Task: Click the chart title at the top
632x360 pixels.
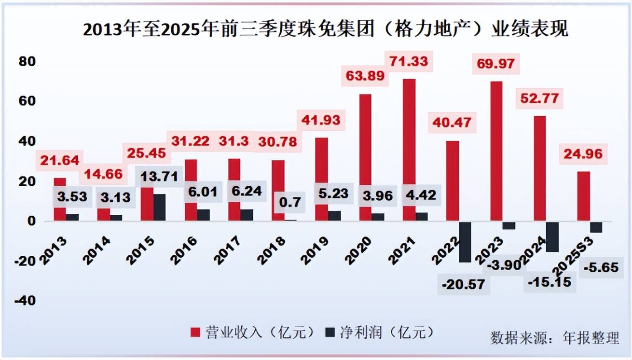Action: point(326,29)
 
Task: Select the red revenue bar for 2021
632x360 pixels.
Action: point(409,150)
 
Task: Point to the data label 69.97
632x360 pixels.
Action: point(495,64)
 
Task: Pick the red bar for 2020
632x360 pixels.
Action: point(365,157)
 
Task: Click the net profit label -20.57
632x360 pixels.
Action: point(463,285)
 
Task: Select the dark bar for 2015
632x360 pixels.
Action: point(160,208)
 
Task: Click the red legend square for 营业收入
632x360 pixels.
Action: point(196,332)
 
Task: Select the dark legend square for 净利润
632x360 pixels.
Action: point(330,332)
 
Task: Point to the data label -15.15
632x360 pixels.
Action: point(550,281)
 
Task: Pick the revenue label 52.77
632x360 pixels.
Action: point(539,98)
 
